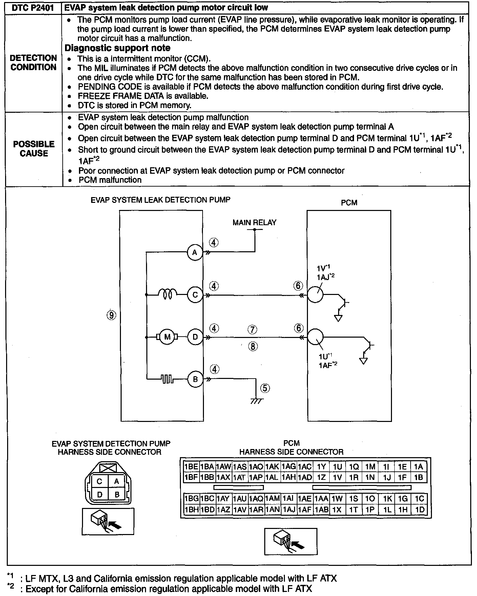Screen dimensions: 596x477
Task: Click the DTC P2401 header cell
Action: tap(33, 7)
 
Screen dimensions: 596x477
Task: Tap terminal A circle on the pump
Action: tap(195, 252)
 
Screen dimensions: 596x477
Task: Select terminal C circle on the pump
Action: tap(195, 295)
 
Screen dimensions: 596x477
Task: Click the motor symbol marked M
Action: tap(167, 337)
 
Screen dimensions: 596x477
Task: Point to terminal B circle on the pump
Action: tap(195, 379)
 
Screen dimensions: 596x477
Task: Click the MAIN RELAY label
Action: tap(254, 222)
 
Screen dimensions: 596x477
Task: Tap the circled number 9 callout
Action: tap(111, 315)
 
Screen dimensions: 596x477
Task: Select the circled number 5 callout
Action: tap(265, 388)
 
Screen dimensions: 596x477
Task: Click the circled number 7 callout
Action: tap(252, 329)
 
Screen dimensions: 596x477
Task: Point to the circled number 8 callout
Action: tap(253, 346)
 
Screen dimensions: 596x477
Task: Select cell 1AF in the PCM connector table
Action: tap(305, 510)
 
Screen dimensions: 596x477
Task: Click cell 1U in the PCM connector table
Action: tap(337, 467)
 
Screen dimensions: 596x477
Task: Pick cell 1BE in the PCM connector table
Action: tap(191, 467)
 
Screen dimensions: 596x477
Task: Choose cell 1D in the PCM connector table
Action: tap(419, 510)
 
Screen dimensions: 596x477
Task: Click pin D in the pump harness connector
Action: tap(100, 494)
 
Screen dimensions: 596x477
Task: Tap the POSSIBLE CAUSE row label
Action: tap(34, 149)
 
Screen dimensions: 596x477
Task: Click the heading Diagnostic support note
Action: tap(117, 48)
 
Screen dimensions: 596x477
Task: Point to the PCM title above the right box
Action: tap(349, 203)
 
